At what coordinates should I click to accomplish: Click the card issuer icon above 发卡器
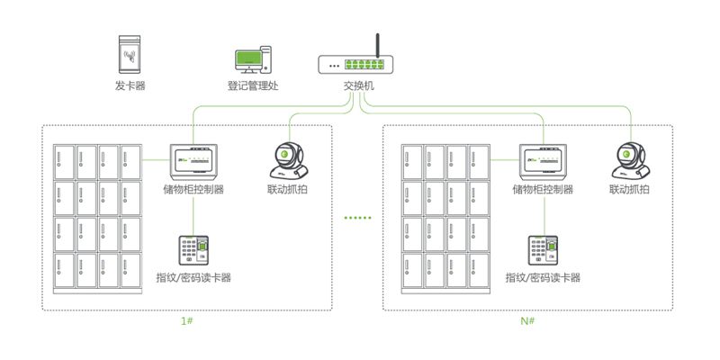[x=130, y=55]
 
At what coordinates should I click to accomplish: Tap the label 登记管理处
[x=253, y=85]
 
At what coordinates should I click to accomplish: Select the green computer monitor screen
[x=248, y=58]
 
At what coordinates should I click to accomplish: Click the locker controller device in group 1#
[x=193, y=162]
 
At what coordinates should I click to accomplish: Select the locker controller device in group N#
[x=543, y=162]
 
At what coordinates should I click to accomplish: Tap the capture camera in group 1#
[x=287, y=160]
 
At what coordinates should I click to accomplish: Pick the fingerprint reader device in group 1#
[x=193, y=250]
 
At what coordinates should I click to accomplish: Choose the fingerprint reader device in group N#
[x=543, y=250]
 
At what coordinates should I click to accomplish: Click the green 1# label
[x=186, y=321]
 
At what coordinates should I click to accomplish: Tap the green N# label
[x=527, y=321]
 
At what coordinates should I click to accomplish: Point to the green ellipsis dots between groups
[x=357, y=218]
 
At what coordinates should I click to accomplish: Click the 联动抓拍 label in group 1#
[x=287, y=189]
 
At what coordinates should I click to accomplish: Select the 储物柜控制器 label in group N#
[x=543, y=189]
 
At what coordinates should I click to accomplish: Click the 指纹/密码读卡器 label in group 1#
[x=193, y=277]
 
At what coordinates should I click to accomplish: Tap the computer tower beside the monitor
[x=265, y=59]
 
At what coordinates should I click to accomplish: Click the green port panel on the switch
[x=364, y=64]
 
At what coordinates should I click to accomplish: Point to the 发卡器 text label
[x=130, y=85]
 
